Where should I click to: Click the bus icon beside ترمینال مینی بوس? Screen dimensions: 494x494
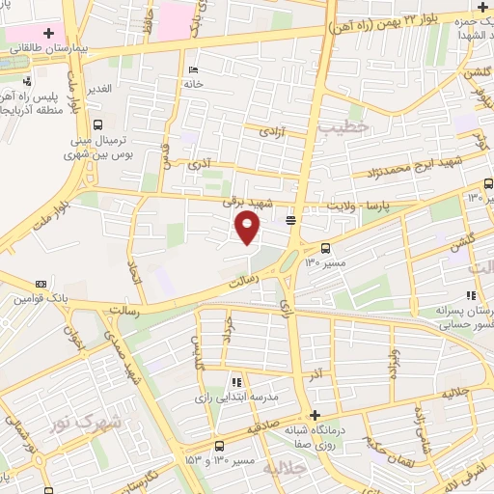(98, 123)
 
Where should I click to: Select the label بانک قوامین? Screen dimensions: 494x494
(41, 299)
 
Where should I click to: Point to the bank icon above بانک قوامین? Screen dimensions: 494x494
(41, 284)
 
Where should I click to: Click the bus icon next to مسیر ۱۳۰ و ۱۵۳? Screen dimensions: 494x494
(220, 446)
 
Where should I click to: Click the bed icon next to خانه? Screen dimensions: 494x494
(194, 69)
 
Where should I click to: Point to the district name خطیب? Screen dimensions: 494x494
(344, 124)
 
